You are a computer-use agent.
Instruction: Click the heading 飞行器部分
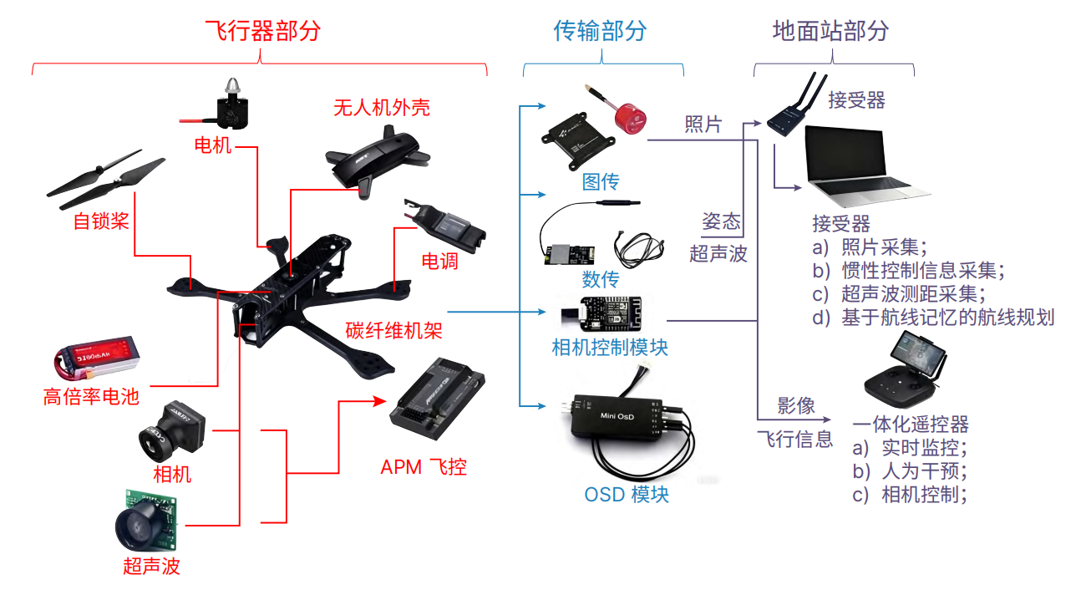click(x=262, y=32)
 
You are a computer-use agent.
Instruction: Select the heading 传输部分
click(x=600, y=32)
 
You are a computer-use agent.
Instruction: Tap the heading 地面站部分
click(x=830, y=32)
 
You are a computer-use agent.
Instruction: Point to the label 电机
click(x=213, y=145)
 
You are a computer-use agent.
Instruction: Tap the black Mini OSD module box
click(x=620, y=416)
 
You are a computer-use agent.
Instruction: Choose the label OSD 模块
click(x=627, y=494)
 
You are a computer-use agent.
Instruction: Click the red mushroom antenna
click(x=631, y=120)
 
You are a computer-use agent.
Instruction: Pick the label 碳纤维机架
click(x=393, y=330)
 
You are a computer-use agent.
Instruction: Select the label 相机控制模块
click(x=610, y=347)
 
